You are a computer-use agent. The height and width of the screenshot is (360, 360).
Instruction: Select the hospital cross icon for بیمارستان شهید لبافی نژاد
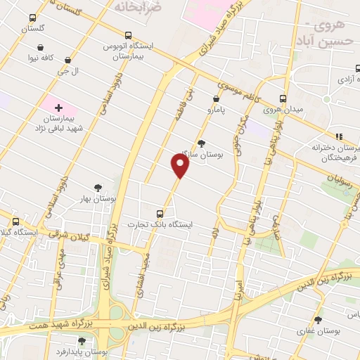click(x=58, y=108)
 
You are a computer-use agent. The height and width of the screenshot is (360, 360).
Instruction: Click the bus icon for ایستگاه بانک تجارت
click(x=160, y=213)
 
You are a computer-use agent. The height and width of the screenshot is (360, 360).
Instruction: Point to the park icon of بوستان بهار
click(x=97, y=188)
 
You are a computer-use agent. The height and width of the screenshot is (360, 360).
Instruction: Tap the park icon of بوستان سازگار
click(x=202, y=143)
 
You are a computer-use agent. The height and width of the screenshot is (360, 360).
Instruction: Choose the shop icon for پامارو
click(x=216, y=99)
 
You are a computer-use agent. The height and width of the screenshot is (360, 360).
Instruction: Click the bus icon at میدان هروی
click(x=283, y=98)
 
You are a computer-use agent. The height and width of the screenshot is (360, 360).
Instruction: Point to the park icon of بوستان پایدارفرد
click(x=82, y=340)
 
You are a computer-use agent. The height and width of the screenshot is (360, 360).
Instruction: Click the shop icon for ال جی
click(x=67, y=60)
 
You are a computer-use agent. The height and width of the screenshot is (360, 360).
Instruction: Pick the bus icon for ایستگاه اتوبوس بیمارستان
click(x=127, y=34)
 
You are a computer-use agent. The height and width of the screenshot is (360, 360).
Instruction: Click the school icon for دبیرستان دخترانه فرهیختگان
click(x=339, y=136)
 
